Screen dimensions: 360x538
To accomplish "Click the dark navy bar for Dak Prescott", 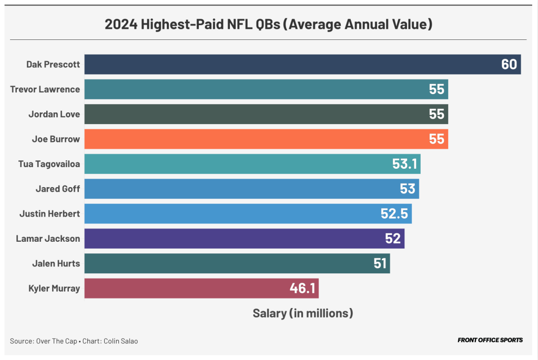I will pyautogui.click(x=289, y=65).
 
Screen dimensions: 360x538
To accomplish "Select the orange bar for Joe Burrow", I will pyautogui.click(x=263, y=139).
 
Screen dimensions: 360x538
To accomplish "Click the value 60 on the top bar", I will pyautogui.click(x=509, y=65).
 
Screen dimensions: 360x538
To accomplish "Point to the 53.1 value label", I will pyautogui.click(x=404, y=164).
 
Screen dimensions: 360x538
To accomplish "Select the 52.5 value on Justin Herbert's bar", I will pyautogui.click(x=394, y=214).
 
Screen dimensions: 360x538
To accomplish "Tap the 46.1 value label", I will pyautogui.click(x=302, y=288).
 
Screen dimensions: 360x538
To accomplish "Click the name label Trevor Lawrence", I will pyautogui.click(x=45, y=89).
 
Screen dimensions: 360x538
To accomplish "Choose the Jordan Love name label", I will pyautogui.click(x=54, y=114).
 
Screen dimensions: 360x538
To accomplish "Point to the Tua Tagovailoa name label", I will pyautogui.click(x=49, y=164).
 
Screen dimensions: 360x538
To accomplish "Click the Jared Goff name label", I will pyautogui.click(x=58, y=189).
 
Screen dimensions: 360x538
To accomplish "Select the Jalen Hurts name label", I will pyautogui.click(x=56, y=263).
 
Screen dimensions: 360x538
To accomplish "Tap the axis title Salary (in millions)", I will pyautogui.click(x=302, y=313).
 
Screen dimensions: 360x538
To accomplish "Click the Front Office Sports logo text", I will pyautogui.click(x=490, y=340).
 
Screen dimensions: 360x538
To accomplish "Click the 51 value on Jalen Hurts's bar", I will pyautogui.click(x=380, y=263).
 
